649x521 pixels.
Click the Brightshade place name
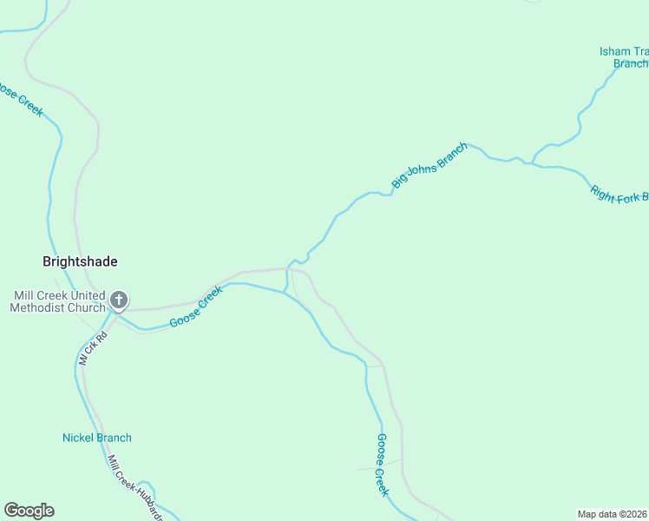pos(80,261)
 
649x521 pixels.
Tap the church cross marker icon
pos(119,301)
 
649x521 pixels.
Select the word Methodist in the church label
pos(40,308)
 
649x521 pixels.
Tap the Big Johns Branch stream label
pos(429,165)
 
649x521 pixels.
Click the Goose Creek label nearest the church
pos(196,307)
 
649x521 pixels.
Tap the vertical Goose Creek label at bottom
pos(382,465)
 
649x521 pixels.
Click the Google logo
pos(29,511)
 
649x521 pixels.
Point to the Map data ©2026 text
pos(613,514)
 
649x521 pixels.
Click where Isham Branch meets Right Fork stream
pos(531,163)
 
